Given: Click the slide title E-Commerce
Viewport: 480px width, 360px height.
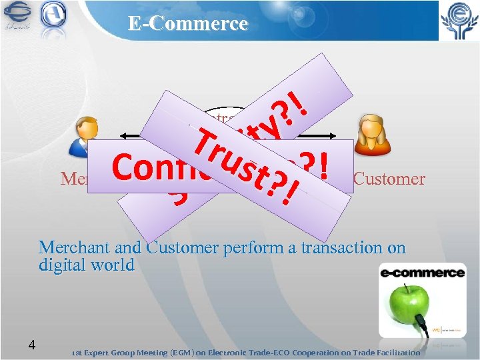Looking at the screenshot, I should [x=188, y=24].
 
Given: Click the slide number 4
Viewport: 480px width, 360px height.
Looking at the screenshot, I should [x=31, y=345].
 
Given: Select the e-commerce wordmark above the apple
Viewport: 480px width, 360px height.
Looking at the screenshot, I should [x=422, y=273].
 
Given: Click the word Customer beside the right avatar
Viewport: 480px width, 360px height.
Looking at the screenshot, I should [x=389, y=179].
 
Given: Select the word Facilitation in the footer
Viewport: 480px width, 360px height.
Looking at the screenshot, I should [x=394, y=352].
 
